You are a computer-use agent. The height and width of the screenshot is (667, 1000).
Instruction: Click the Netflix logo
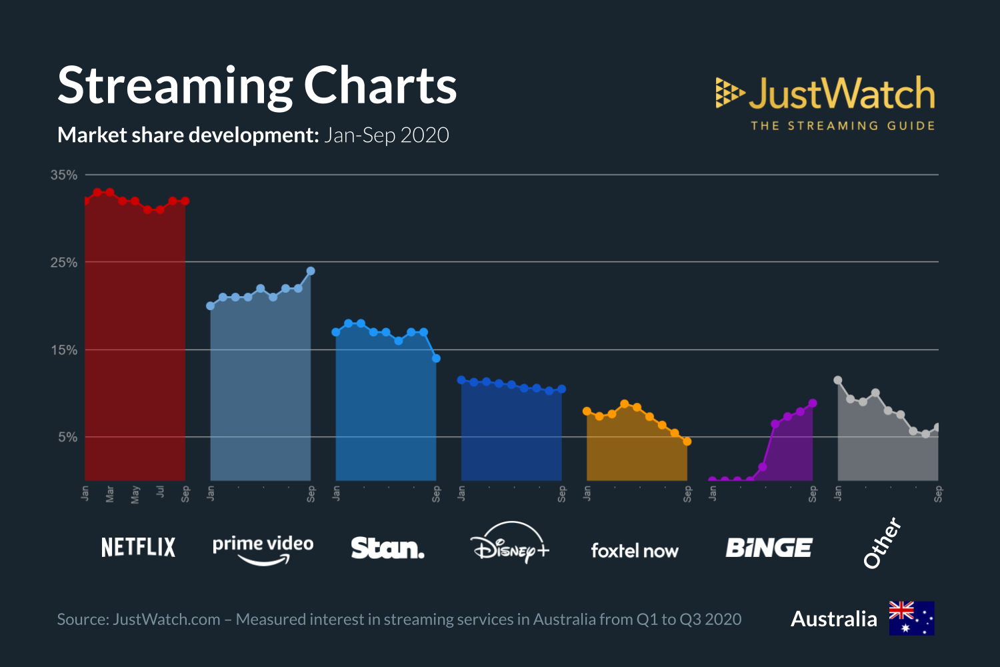click(138, 548)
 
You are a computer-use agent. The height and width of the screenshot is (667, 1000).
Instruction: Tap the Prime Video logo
click(263, 549)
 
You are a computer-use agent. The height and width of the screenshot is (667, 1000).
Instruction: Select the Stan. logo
click(387, 548)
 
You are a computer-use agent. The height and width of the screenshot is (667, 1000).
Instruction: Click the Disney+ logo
click(510, 544)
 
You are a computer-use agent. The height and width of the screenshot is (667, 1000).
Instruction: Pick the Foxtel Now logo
click(634, 550)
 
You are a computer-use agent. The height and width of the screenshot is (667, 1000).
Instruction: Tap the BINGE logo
click(769, 548)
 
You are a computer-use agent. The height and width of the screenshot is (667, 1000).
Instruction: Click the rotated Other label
click(882, 543)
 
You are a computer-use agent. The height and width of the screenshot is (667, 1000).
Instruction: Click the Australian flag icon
click(911, 618)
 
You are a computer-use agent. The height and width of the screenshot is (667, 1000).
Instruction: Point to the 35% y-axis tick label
click(64, 175)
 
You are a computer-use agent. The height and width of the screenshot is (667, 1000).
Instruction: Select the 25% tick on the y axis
click(64, 262)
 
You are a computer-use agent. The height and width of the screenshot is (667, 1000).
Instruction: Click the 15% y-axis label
click(64, 350)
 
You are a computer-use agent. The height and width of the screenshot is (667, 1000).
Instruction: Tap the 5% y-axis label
click(67, 437)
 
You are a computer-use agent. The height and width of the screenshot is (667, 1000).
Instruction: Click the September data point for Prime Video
click(311, 271)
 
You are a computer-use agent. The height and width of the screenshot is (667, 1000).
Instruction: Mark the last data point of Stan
click(436, 358)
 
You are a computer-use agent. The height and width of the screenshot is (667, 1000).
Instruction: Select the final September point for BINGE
click(813, 403)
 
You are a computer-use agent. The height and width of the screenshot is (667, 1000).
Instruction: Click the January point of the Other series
click(838, 380)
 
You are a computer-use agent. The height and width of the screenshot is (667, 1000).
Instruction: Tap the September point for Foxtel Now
click(687, 442)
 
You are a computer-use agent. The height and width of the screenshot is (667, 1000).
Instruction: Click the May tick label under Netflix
click(135, 494)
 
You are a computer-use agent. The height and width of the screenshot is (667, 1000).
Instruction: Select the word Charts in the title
click(380, 86)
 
